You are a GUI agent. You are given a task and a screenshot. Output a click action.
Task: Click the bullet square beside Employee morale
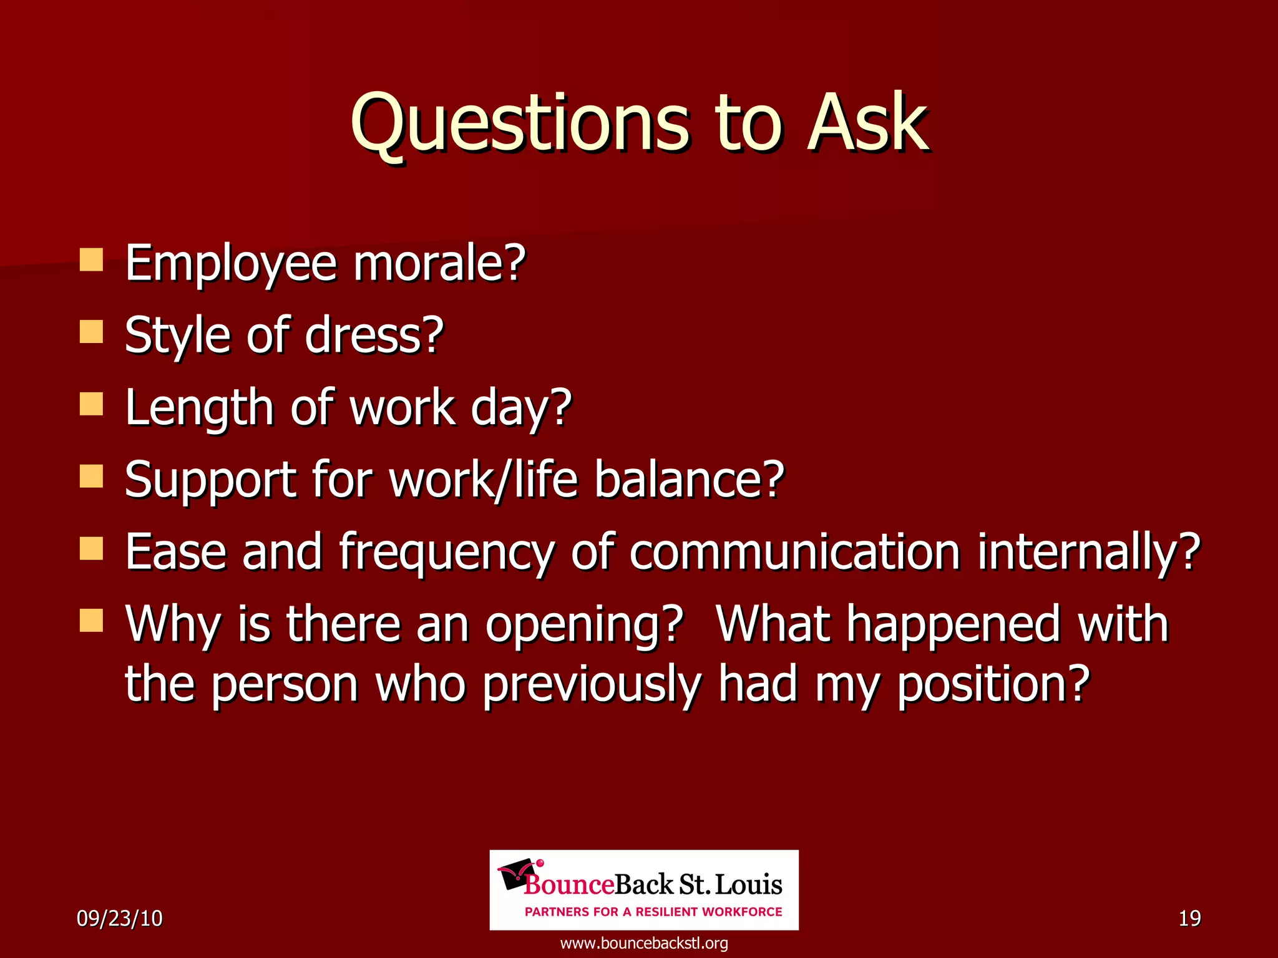(91, 259)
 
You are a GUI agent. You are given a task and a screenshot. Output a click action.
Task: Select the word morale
(439, 263)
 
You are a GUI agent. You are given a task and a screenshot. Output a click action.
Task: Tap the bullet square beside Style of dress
(91, 332)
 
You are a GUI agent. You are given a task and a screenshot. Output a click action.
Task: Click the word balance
(689, 480)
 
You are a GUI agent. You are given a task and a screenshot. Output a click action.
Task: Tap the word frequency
(446, 553)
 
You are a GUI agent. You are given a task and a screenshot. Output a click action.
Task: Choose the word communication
(794, 552)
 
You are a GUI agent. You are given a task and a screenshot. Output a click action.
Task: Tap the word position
(992, 685)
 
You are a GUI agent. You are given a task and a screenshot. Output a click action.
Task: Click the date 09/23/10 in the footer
(119, 918)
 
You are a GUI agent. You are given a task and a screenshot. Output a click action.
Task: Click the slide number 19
(1189, 918)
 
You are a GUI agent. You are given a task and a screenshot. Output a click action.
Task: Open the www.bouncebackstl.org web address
(644, 943)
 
